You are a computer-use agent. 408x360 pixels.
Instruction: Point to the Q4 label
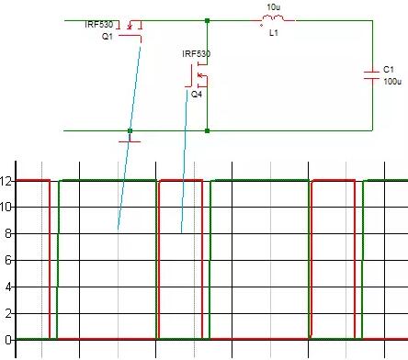pos(197,94)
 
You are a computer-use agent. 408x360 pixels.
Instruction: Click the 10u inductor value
pos(272,6)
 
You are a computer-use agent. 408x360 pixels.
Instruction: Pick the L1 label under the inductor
pos(273,32)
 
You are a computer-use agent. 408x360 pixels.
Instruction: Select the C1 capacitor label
pos(388,69)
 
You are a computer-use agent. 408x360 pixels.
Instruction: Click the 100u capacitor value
pos(391,82)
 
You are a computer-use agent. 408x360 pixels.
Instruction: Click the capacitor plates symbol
pos(371,75)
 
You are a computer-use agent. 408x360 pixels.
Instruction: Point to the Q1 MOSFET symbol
pos(134,30)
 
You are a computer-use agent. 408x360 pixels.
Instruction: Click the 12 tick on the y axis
pos(6,180)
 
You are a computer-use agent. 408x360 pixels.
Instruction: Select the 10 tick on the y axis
pos(6,207)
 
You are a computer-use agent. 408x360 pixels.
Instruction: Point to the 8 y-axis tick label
pos(7,233)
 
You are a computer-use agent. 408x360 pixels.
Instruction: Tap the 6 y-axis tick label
pos(7,260)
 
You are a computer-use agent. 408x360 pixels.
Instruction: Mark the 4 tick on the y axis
pos(7,287)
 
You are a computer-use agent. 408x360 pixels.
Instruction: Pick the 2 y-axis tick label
pos(7,313)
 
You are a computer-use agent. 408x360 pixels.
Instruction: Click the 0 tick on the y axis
pos(7,340)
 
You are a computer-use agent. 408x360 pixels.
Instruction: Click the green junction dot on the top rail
pos(208,19)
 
